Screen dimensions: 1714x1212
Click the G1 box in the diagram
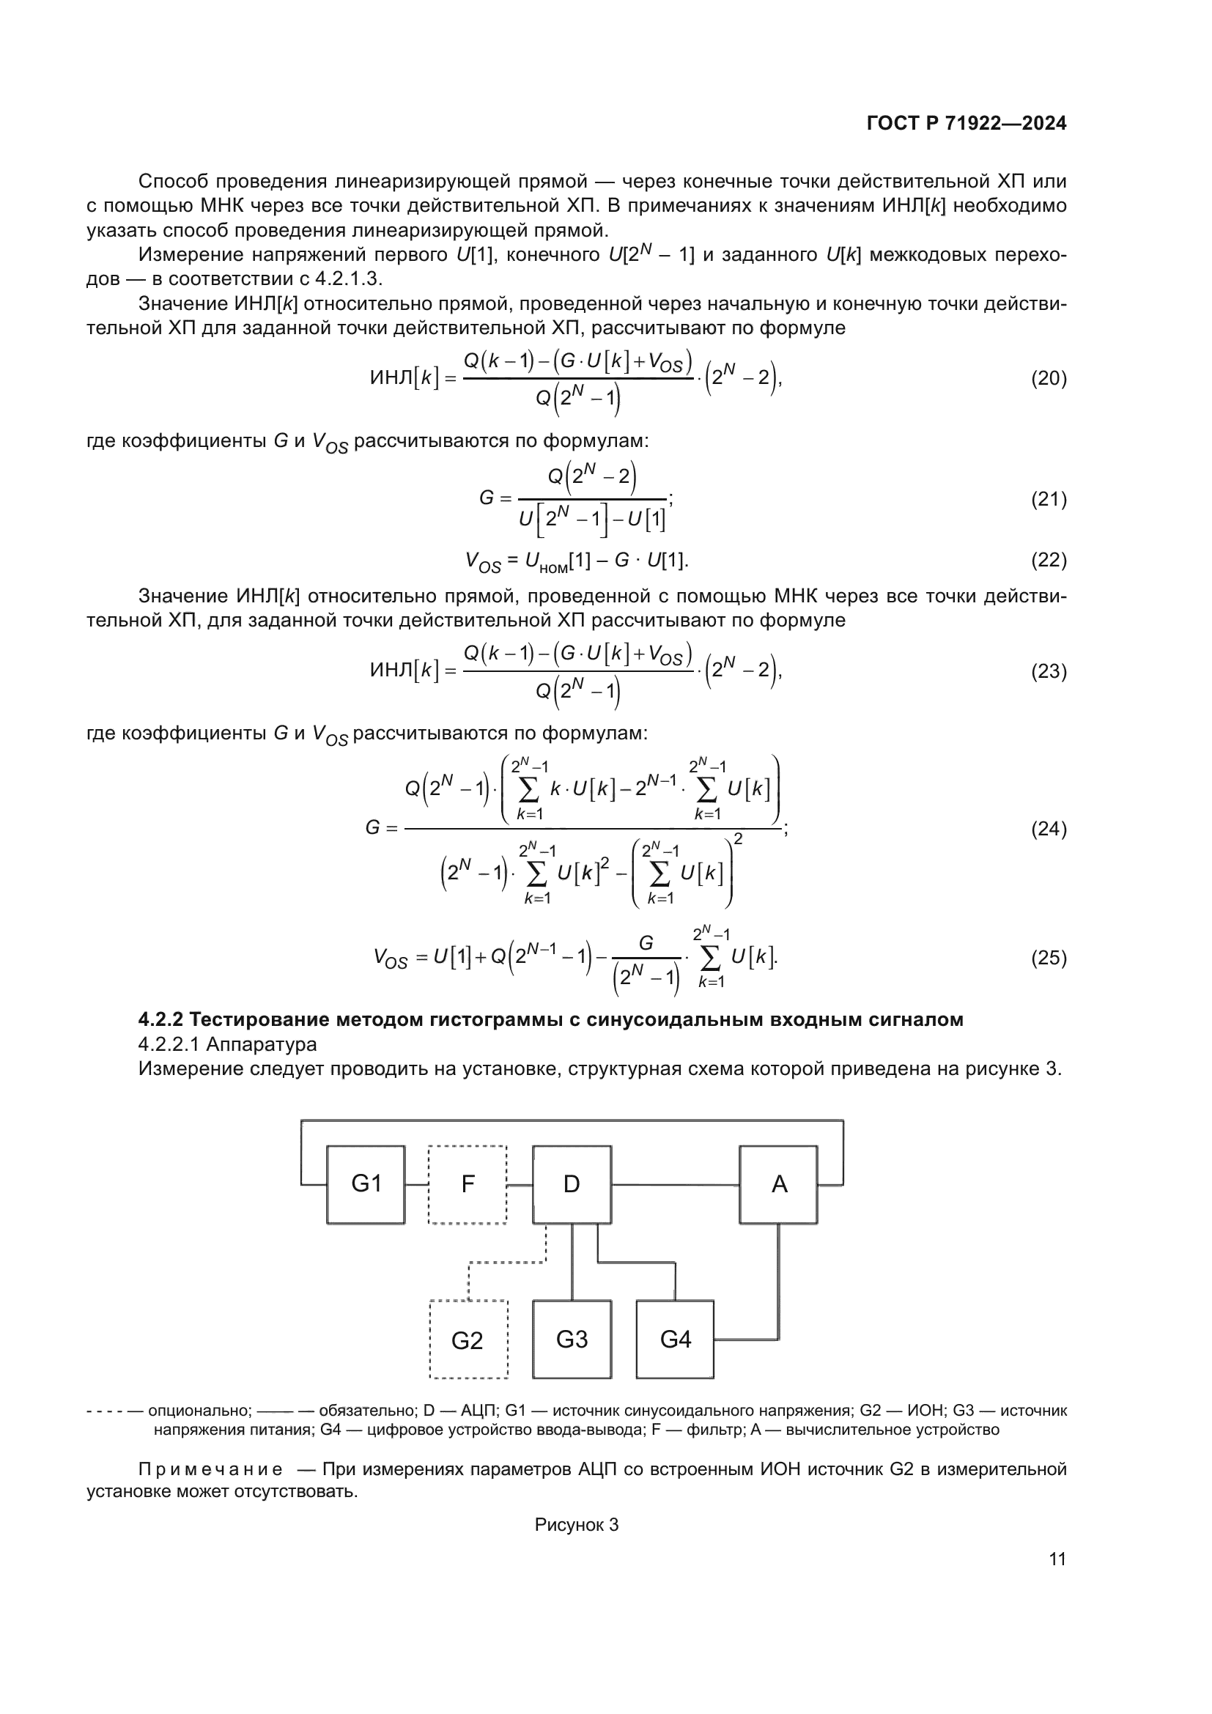(x=366, y=1184)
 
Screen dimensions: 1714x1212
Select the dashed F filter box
(x=468, y=1184)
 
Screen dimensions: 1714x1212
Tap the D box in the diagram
(x=572, y=1184)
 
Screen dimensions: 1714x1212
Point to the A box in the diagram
(x=778, y=1184)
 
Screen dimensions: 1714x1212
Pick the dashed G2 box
(x=468, y=1340)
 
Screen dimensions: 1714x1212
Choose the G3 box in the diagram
(x=572, y=1340)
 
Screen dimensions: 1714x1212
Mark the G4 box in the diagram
(x=675, y=1340)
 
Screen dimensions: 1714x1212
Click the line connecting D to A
(x=675, y=1185)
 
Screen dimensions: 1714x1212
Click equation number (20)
(x=1049, y=378)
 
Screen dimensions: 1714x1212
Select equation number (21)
(x=1049, y=499)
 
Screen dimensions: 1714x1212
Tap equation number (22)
(x=1049, y=560)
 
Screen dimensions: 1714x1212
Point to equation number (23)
(x=1049, y=671)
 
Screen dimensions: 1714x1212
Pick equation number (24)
(x=1049, y=829)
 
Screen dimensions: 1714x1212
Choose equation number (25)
(x=1049, y=957)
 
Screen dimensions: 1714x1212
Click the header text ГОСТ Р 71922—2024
(x=967, y=124)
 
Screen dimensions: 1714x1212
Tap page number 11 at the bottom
(x=1057, y=1559)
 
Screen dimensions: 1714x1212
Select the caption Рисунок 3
(x=576, y=1525)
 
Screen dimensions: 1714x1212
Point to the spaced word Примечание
(x=210, y=1470)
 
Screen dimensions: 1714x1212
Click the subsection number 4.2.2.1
(x=168, y=1044)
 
